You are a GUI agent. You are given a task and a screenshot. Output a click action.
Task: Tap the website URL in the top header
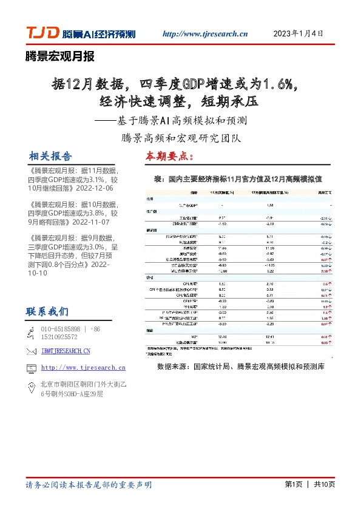[206, 35]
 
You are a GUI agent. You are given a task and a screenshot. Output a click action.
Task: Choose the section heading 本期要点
[169, 156]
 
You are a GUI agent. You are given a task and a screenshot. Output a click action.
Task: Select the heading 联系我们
[47, 312]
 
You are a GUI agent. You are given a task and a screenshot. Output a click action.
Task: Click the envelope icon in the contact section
[32, 351]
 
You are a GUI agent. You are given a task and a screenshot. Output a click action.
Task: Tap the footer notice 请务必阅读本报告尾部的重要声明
[89, 485]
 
